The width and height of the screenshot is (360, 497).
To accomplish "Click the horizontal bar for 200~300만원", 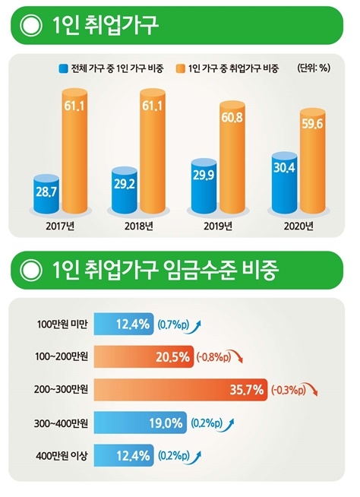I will [x=182, y=391].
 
